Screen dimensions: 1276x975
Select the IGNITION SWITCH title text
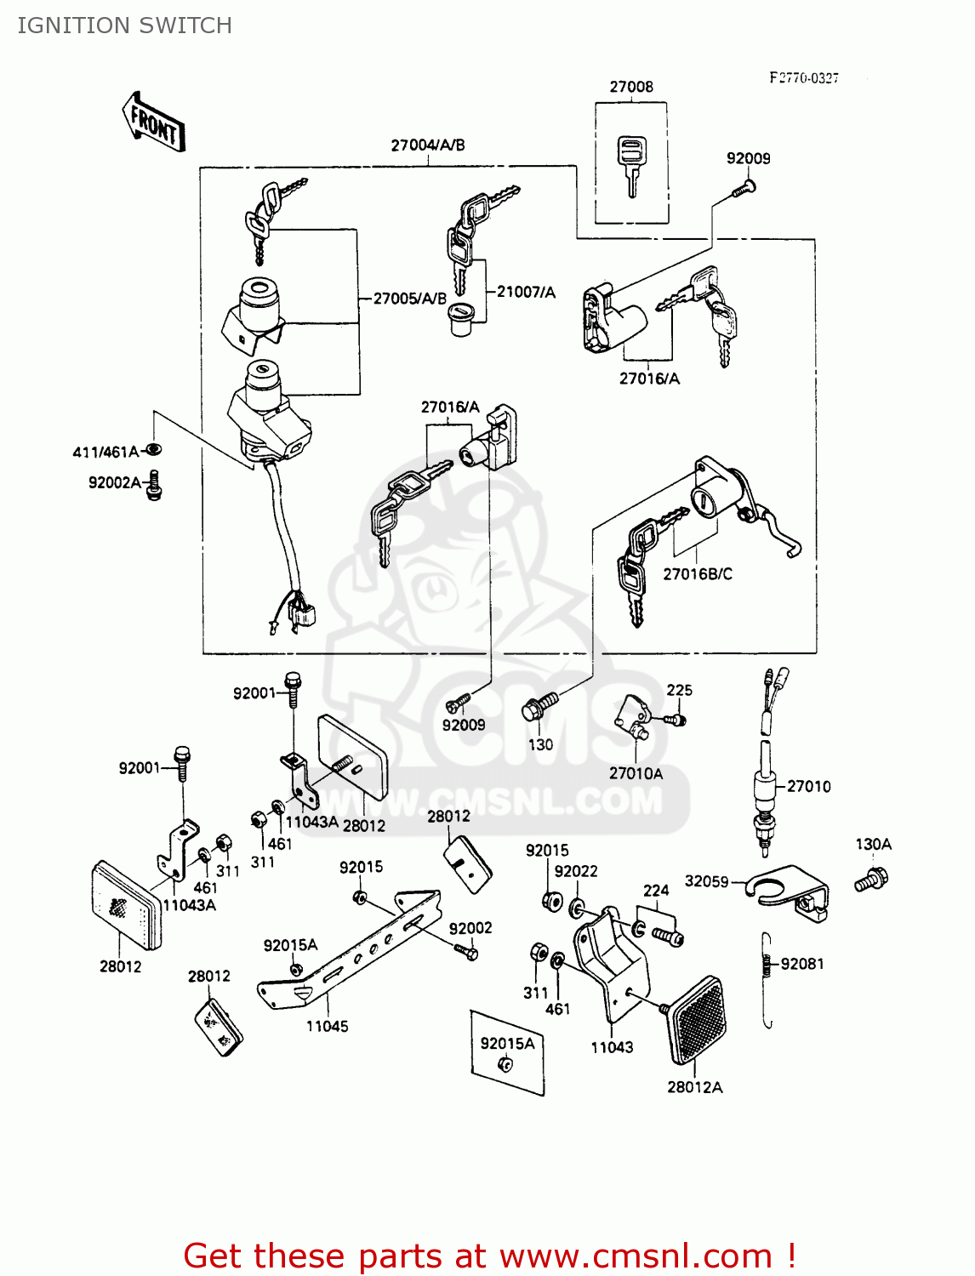[124, 26]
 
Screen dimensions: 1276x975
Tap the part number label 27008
[631, 87]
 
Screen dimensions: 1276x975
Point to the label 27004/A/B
[428, 145]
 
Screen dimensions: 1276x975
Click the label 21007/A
[526, 292]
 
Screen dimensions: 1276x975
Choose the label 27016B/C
[698, 574]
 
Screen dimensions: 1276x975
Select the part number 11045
[328, 1026]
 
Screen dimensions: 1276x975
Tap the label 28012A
[694, 1087]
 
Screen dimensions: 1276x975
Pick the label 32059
[706, 881]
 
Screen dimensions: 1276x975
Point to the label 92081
[802, 964]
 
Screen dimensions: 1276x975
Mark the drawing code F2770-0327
[804, 78]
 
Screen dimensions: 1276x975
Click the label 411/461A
[105, 452]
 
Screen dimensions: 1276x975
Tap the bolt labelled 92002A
[154, 485]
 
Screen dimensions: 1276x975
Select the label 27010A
[636, 773]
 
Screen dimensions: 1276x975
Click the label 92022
[576, 871]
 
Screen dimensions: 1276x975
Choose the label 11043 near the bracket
[613, 1047]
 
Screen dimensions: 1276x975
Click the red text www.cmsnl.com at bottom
[635, 1256]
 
